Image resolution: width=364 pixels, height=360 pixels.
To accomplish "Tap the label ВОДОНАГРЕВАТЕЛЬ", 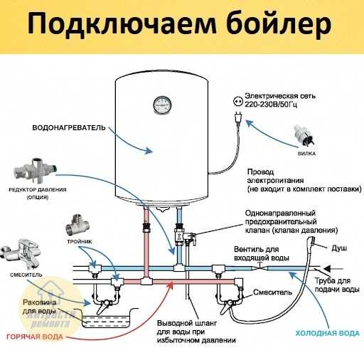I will click(69, 128).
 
